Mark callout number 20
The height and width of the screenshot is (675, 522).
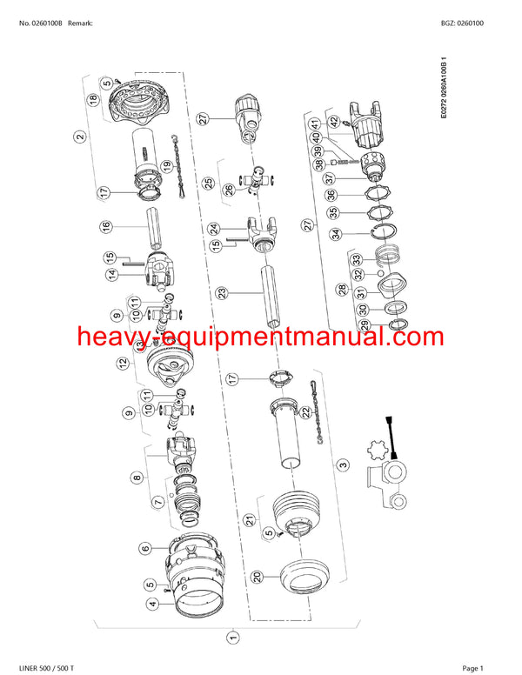(x=257, y=575)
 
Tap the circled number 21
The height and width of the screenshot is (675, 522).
(x=252, y=519)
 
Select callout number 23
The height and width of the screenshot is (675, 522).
(x=223, y=293)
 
